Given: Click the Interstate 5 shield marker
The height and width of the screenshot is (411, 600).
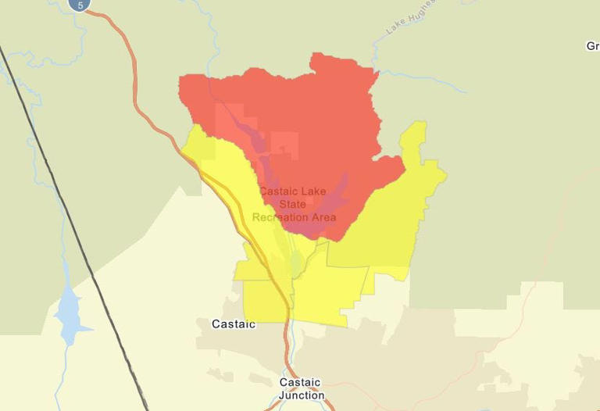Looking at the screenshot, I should [80, 4].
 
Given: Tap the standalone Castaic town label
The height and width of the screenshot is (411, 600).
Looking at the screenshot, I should [234, 323].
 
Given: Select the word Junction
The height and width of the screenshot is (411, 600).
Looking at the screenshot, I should [302, 395].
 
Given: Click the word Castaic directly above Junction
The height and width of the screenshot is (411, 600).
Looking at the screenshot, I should [300, 383].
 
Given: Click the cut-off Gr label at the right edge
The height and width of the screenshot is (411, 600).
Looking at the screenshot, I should [592, 46].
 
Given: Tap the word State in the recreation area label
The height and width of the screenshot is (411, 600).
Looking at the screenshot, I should [294, 204].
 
